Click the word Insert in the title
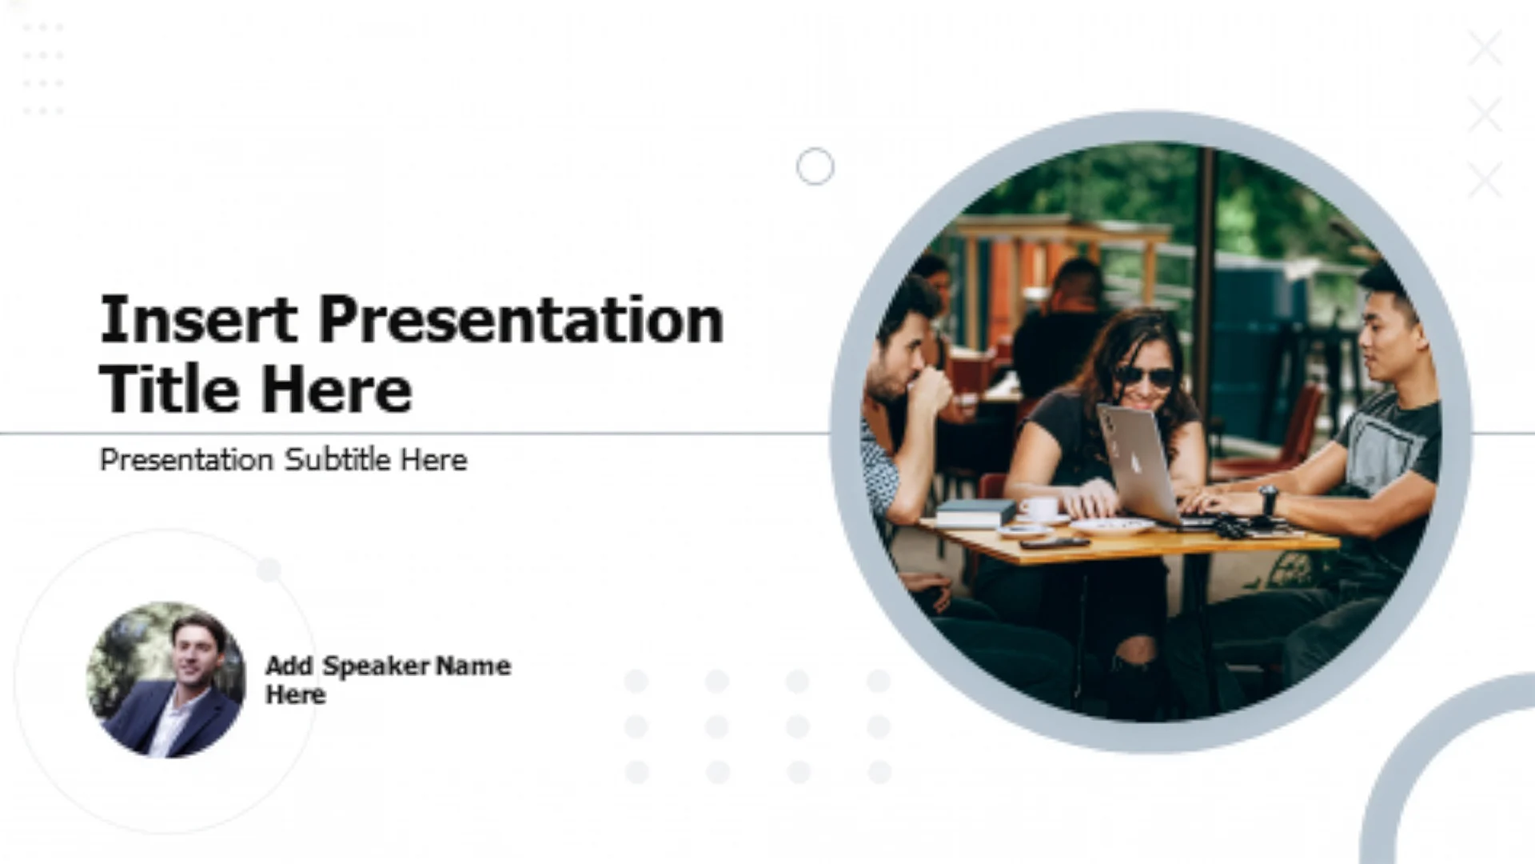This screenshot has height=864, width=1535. click(198, 319)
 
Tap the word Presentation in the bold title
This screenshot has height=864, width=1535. click(521, 319)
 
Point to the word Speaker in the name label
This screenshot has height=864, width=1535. click(377, 666)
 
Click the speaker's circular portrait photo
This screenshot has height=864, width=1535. click(166, 680)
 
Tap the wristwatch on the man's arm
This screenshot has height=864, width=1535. click(1268, 500)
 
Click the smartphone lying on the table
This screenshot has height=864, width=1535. click(1055, 542)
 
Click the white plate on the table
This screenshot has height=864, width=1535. click(1111, 526)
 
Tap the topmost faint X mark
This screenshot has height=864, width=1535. click(1485, 48)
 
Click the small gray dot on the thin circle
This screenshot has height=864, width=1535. click(269, 570)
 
